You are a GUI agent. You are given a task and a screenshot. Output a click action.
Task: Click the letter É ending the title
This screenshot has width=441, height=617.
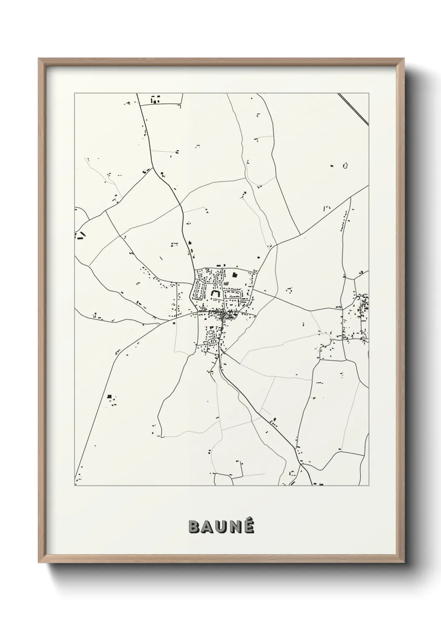[x=248, y=527]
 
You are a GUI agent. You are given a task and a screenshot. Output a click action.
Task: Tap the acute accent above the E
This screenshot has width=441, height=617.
[x=249, y=519]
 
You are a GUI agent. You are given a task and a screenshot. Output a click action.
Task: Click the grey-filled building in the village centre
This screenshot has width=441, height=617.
[x=227, y=283]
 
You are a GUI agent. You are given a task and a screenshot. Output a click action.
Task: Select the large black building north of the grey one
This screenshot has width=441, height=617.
[x=234, y=275]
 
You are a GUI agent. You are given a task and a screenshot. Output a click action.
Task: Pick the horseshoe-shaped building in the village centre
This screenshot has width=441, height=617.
[x=215, y=293]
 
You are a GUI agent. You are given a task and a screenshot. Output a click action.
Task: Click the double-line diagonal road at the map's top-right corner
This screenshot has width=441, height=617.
[x=353, y=109]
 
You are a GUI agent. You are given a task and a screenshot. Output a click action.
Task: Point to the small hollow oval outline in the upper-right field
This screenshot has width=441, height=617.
[x=345, y=166]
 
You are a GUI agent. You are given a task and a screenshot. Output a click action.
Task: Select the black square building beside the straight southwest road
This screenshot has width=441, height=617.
[x=110, y=396]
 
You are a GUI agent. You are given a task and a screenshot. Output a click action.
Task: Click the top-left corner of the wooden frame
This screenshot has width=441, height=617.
[x=39, y=59]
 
